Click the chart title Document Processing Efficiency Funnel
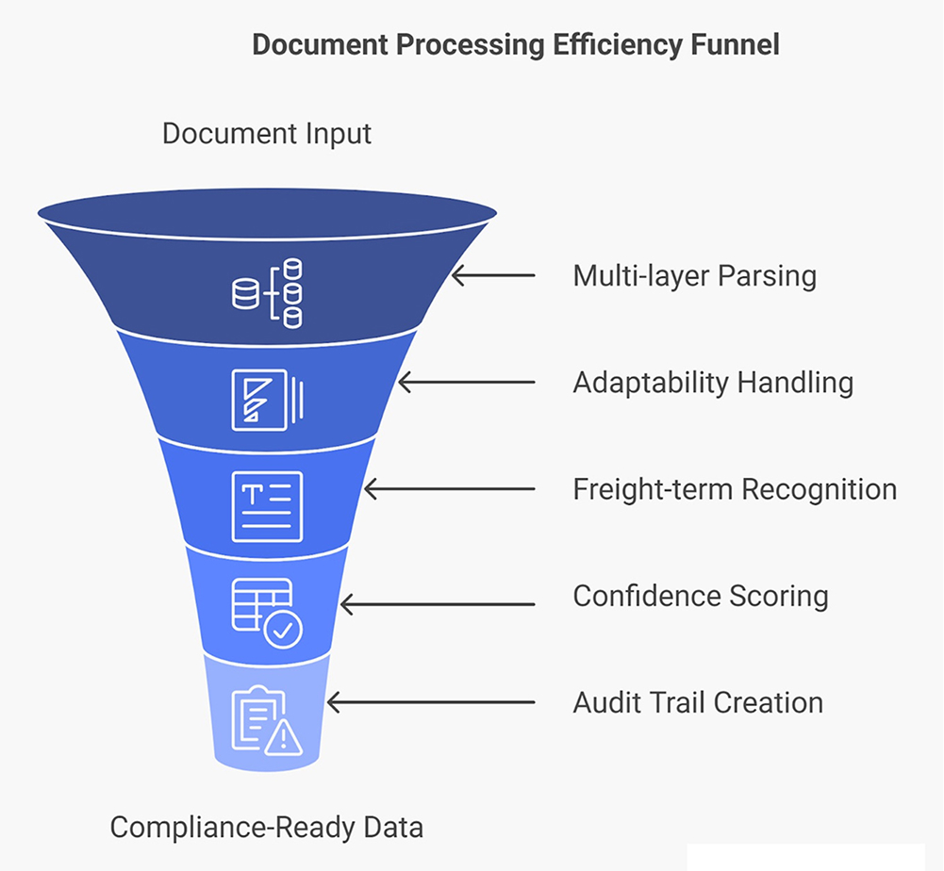(515, 45)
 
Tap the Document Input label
(267, 133)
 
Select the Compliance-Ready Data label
(267, 828)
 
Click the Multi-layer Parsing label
(694, 276)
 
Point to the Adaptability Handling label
(713, 383)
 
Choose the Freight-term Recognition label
(735, 489)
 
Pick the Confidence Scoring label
(701, 596)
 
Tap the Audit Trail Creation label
(698, 702)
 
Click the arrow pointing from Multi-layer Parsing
(492, 276)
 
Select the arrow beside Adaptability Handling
(466, 383)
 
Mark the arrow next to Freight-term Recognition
(449, 489)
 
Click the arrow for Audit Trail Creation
(430, 702)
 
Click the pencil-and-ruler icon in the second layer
(268, 400)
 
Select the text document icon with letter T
(268, 506)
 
